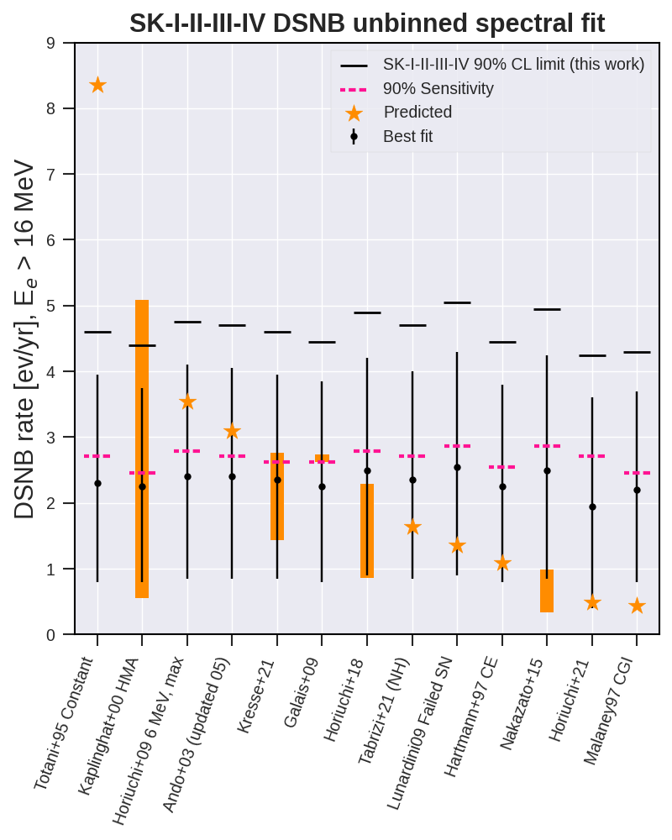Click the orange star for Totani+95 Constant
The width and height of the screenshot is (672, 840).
[x=97, y=85]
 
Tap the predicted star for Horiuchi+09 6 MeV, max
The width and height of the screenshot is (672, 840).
[x=187, y=402]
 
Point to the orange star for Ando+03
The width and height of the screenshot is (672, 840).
[x=232, y=432]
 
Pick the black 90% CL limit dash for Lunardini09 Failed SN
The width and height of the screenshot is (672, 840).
[x=457, y=302]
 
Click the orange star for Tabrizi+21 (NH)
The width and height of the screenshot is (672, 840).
[x=412, y=528]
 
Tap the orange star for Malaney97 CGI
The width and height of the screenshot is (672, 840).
[x=637, y=606]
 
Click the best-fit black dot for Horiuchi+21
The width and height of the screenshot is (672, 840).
[x=592, y=507]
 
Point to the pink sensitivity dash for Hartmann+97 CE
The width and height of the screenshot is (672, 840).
[x=502, y=467]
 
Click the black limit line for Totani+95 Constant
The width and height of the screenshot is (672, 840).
[x=97, y=333]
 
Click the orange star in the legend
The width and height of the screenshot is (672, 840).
[x=354, y=113]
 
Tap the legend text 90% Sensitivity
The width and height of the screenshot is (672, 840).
[x=438, y=88]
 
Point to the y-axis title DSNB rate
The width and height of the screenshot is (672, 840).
[x=25, y=445]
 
